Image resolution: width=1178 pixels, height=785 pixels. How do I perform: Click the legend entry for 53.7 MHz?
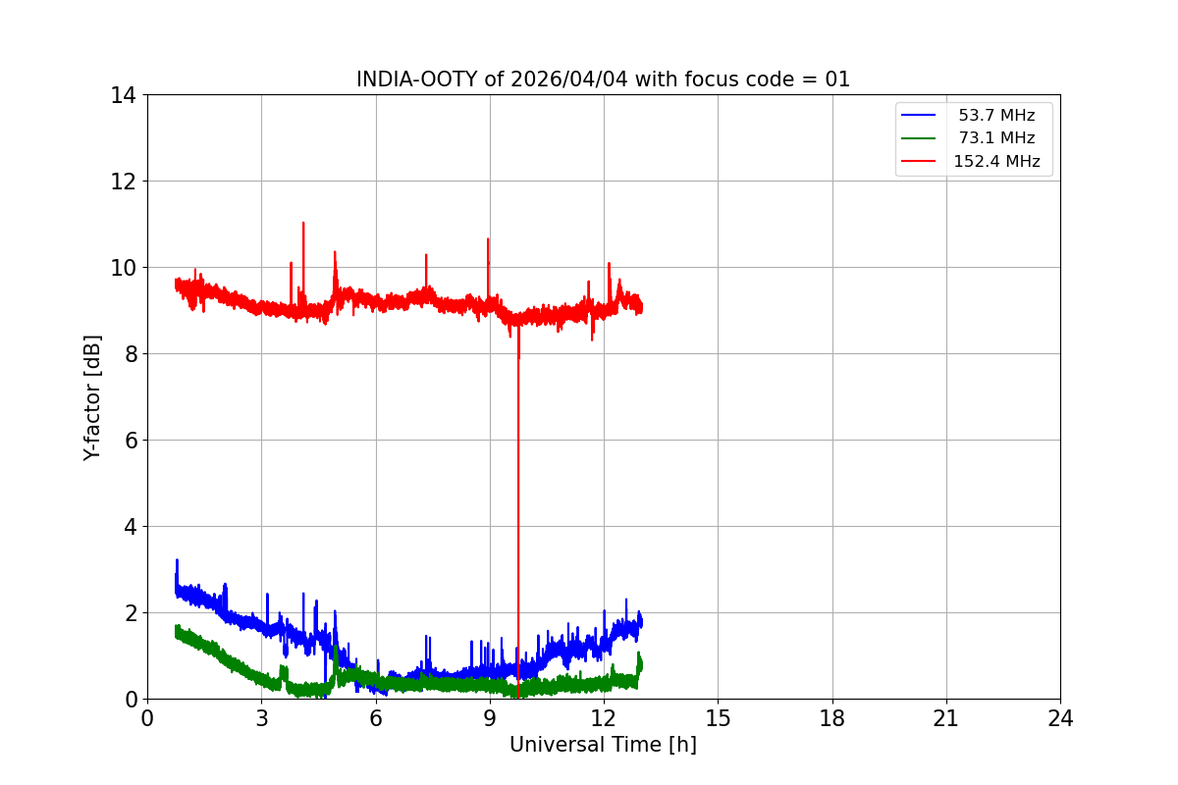(x=996, y=115)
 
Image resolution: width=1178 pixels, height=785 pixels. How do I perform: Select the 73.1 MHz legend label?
(x=996, y=137)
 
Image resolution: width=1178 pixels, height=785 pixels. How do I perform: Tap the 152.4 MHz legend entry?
(x=996, y=161)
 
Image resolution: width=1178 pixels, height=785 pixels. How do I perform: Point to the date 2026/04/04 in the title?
(x=568, y=79)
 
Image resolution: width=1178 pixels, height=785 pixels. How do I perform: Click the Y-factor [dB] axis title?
(x=92, y=397)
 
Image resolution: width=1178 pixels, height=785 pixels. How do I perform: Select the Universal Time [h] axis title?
(x=603, y=745)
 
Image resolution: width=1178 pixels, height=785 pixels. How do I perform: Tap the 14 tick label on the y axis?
(x=123, y=95)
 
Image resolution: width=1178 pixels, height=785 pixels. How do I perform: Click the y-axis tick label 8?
(x=131, y=354)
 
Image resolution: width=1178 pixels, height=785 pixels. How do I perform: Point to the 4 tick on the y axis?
(x=131, y=527)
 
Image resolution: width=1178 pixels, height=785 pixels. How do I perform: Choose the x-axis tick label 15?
(x=718, y=718)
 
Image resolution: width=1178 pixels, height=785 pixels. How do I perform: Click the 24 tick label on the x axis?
(x=1060, y=718)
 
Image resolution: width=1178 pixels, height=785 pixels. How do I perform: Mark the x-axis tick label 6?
(x=375, y=718)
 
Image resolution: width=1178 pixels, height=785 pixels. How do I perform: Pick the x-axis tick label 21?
(x=946, y=718)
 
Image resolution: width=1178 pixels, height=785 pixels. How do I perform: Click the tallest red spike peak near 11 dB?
(x=303, y=223)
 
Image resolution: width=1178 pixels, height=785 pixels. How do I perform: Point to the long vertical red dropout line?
(x=518, y=510)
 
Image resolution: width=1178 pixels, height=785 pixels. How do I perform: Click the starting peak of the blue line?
(x=178, y=560)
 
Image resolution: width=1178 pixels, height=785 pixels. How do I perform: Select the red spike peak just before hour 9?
(x=488, y=239)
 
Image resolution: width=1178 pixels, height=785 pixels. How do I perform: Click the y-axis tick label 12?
(x=123, y=182)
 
